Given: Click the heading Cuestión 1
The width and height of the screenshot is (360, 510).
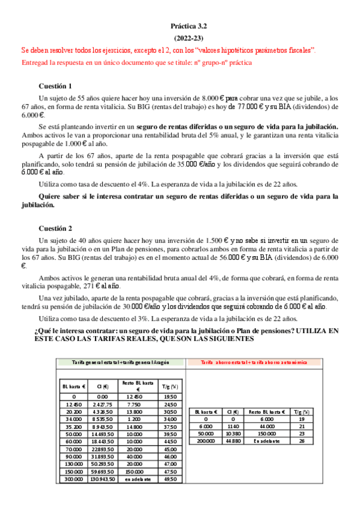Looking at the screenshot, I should pyautogui.click(x=56, y=86).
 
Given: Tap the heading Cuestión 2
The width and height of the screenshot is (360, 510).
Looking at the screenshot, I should pyautogui.click(x=56, y=228).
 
